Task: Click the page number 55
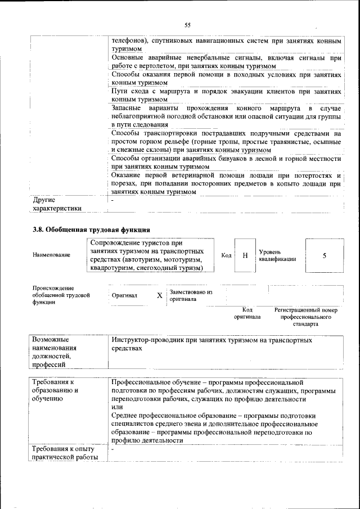(x=188, y=24)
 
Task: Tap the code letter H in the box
(x=245, y=255)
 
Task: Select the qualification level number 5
(x=325, y=255)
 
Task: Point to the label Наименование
(x=52, y=255)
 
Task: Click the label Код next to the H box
(x=227, y=255)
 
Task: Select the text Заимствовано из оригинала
(x=191, y=296)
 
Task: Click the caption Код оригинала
(x=247, y=313)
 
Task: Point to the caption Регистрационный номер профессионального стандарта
(x=305, y=317)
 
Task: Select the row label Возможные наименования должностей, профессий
(x=57, y=352)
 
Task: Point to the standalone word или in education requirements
(x=117, y=407)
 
